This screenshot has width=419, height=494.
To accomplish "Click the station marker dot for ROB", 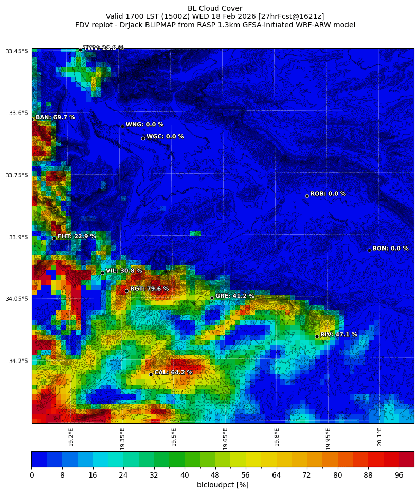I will tap(307, 196).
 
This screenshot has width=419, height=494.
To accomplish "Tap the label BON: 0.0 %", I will tap(390, 249).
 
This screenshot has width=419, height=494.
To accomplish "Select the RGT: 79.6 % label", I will tap(149, 289).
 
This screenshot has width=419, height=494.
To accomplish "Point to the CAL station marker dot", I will tap(151, 374).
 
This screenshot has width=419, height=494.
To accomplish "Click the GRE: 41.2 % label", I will tap(234, 296).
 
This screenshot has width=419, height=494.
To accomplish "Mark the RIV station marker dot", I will tap(317, 336).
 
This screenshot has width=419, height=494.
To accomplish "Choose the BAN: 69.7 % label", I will tap(55, 118).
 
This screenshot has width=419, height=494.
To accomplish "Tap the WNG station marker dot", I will tap(122, 126).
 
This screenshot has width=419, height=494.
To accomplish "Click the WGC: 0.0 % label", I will tap(165, 137).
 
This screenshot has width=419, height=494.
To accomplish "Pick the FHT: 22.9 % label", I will tap(76, 237).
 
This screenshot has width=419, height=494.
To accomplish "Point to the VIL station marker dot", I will tap(102, 273).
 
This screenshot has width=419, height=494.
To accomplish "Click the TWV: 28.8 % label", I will tap(103, 48).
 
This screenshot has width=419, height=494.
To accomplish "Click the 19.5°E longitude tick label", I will tap(174, 437).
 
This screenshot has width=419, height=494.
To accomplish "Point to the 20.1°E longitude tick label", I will tap(379, 437).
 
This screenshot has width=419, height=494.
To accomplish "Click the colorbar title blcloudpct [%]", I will tap(223, 485).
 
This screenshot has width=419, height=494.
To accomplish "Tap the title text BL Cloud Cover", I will tap(215, 8).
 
